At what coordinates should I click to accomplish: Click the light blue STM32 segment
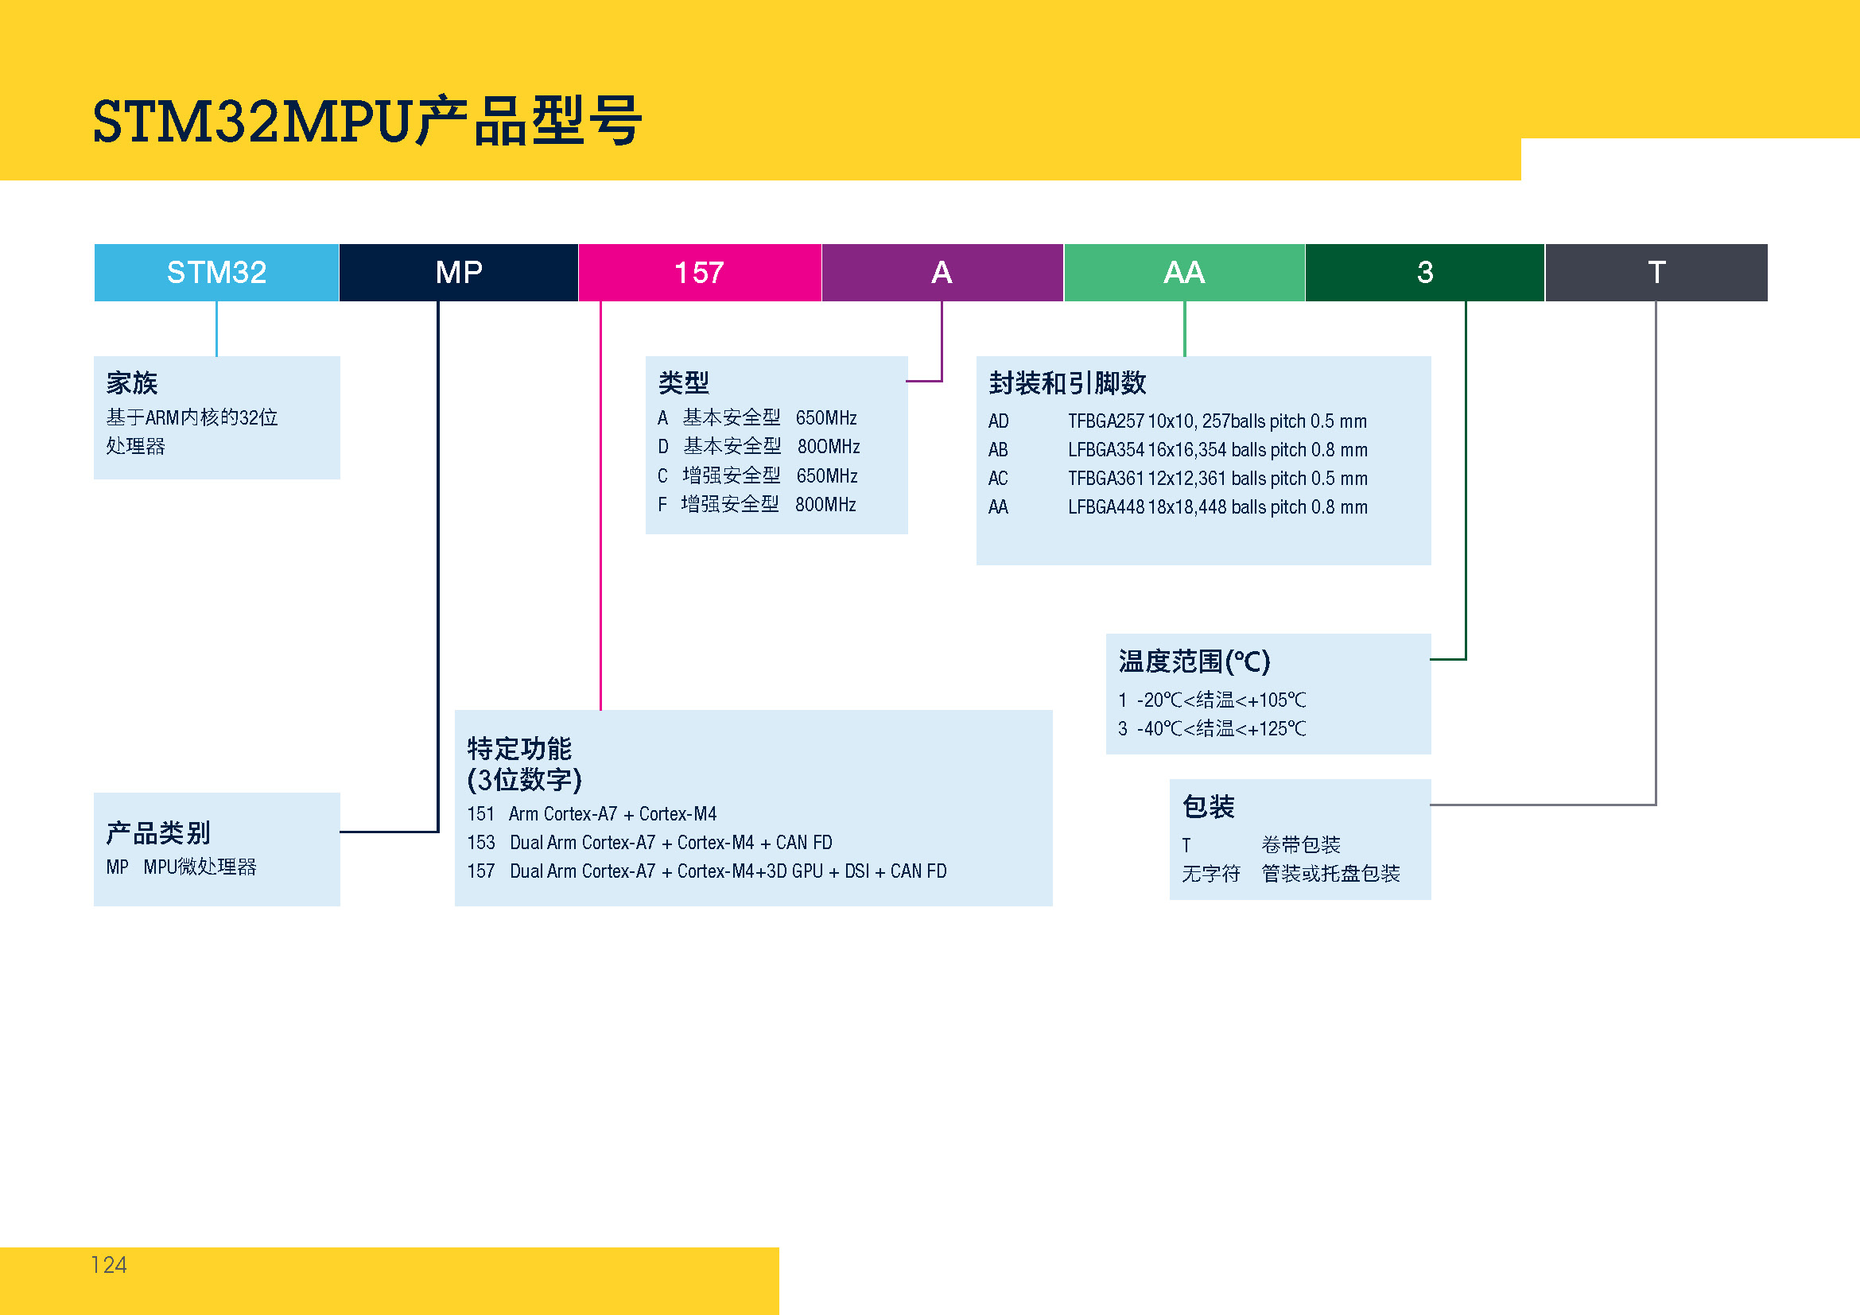(216, 272)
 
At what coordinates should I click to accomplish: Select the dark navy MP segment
(459, 272)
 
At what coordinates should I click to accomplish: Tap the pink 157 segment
(699, 272)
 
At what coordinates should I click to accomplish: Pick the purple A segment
(942, 272)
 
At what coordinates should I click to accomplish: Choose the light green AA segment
(1183, 272)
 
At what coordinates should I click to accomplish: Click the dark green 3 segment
(1424, 272)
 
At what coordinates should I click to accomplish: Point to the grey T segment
(1656, 272)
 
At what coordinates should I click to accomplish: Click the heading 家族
(132, 382)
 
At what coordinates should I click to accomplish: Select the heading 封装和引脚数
(1067, 382)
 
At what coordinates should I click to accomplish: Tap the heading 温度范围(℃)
(1194, 661)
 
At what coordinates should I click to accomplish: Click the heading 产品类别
(158, 832)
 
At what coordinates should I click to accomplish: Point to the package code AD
(998, 421)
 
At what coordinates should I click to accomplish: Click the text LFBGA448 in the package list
(1106, 508)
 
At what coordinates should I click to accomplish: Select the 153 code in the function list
(480, 843)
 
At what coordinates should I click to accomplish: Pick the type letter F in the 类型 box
(662, 505)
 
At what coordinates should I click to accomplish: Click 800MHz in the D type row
(828, 447)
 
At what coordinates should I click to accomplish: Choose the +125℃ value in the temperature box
(1277, 729)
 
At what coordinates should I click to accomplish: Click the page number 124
(109, 1265)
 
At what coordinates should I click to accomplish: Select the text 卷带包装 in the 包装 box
(1300, 845)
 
